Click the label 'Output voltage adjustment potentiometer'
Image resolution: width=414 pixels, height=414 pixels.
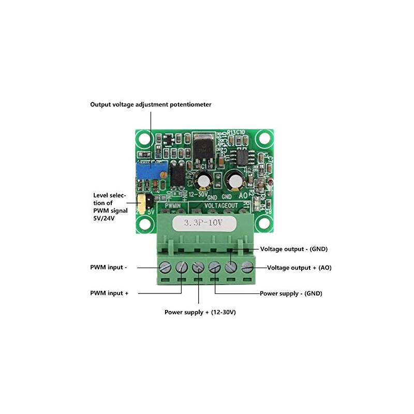[x=151, y=105]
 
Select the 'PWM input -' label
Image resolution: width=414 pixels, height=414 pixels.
[x=108, y=268]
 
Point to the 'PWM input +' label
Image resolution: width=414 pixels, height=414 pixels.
[x=109, y=293]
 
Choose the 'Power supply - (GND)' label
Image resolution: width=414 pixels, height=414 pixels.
[x=291, y=293]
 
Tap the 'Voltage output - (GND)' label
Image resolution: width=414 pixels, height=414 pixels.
[x=294, y=249]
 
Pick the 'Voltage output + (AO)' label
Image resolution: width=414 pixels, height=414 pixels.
[x=299, y=268]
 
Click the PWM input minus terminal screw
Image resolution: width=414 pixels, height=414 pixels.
[x=166, y=268]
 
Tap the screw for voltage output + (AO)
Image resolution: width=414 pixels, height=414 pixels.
[x=247, y=268]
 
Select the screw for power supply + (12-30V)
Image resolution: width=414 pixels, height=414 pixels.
[x=198, y=268]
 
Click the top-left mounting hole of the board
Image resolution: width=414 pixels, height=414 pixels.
[x=143, y=139]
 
